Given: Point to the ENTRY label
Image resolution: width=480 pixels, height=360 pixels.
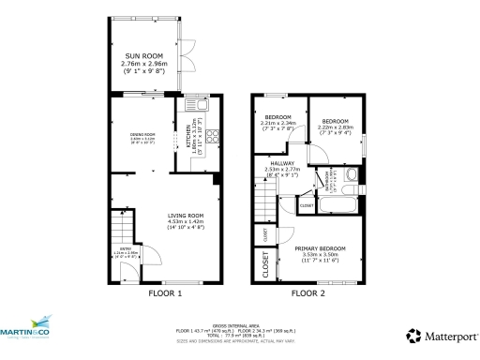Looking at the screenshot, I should pos(126,254).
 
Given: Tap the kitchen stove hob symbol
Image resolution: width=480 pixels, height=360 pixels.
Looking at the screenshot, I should pos(211,137).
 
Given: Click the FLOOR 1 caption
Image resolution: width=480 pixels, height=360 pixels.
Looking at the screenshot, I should pos(165,293).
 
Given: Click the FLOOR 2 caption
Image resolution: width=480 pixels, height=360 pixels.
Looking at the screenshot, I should pos(307,293).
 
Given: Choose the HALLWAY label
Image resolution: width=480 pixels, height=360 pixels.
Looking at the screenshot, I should pos(282,169).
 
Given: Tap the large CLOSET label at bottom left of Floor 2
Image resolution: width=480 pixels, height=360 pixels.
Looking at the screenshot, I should pos(265,267).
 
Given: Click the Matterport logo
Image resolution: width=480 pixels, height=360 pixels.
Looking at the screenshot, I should pos(439,335).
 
